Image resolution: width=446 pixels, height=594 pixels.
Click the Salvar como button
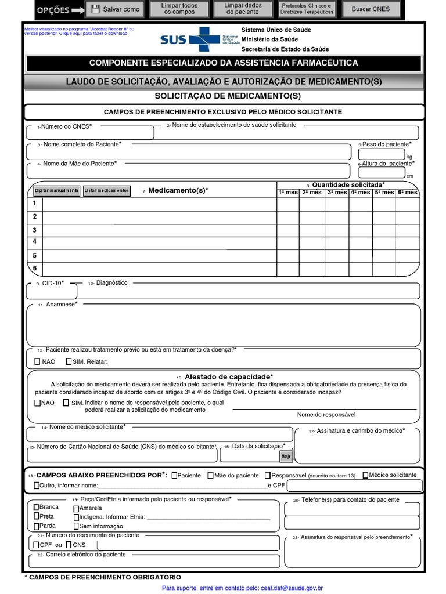[115, 9]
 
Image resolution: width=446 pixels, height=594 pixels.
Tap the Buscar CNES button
[371, 9]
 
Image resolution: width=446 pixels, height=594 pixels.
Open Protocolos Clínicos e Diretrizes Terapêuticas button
[307, 9]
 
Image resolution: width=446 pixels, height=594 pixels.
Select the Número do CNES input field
[90, 133]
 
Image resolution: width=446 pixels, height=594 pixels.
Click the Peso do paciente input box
[381, 154]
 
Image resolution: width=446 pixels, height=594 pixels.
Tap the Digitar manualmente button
[56, 191]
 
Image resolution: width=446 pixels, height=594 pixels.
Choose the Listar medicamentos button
[106, 191]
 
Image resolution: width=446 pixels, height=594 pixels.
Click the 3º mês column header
[336, 192]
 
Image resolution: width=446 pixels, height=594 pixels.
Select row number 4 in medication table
[35, 241]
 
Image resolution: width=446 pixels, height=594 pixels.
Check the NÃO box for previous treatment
[38, 362]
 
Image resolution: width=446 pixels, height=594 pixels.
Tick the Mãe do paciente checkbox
[210, 476]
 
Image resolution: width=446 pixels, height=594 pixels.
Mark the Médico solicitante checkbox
[365, 475]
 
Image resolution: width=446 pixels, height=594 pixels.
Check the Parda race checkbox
[36, 526]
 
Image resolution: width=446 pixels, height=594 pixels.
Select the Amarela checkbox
[75, 508]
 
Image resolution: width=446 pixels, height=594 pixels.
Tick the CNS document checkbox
[69, 545]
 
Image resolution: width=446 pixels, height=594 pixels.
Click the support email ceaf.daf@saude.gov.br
[292, 588]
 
